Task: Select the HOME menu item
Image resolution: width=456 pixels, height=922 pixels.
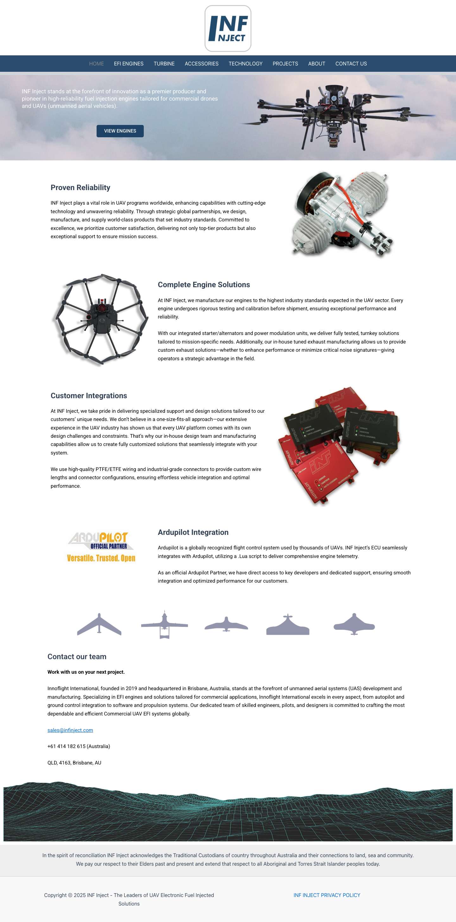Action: [96, 64]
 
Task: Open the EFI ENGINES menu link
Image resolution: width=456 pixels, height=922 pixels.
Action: [129, 64]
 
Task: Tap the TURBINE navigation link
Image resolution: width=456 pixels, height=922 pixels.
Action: [164, 64]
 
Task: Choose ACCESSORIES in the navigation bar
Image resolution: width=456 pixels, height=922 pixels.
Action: [201, 64]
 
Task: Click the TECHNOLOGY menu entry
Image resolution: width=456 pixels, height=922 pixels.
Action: [245, 64]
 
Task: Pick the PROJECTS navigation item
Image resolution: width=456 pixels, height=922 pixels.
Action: [285, 64]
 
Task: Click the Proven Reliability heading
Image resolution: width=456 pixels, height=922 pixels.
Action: [80, 188]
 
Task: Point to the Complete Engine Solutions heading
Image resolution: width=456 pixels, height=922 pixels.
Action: [204, 285]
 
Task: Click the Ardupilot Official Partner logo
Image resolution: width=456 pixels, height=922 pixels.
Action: [101, 547]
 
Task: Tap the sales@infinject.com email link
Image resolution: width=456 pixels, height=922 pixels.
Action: [70, 730]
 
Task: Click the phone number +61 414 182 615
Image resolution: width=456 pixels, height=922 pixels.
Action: [79, 746]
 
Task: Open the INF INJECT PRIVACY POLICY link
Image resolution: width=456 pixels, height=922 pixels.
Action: [327, 895]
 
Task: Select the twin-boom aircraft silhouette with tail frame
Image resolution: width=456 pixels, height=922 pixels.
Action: [164, 625]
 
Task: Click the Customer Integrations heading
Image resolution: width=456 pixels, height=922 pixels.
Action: [88, 395]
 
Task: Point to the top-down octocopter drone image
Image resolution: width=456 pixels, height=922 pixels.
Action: [101, 320]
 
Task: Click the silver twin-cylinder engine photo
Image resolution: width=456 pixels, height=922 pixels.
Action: [342, 214]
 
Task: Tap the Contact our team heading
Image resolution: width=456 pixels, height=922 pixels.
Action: [77, 656]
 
